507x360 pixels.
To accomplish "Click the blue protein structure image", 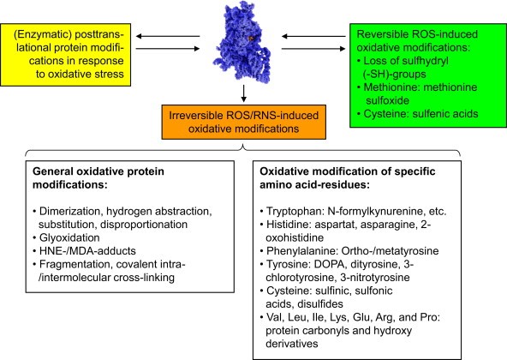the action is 242,41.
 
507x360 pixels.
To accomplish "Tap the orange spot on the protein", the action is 252,39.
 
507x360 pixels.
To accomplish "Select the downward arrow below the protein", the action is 244,93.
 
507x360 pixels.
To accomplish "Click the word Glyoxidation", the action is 69,237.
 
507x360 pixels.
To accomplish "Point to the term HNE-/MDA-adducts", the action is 87,251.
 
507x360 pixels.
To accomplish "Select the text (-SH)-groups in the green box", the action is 395,74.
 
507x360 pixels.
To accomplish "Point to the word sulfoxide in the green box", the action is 388,100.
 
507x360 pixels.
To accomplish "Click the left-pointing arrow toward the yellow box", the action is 168,36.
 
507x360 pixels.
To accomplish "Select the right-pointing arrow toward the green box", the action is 313,49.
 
